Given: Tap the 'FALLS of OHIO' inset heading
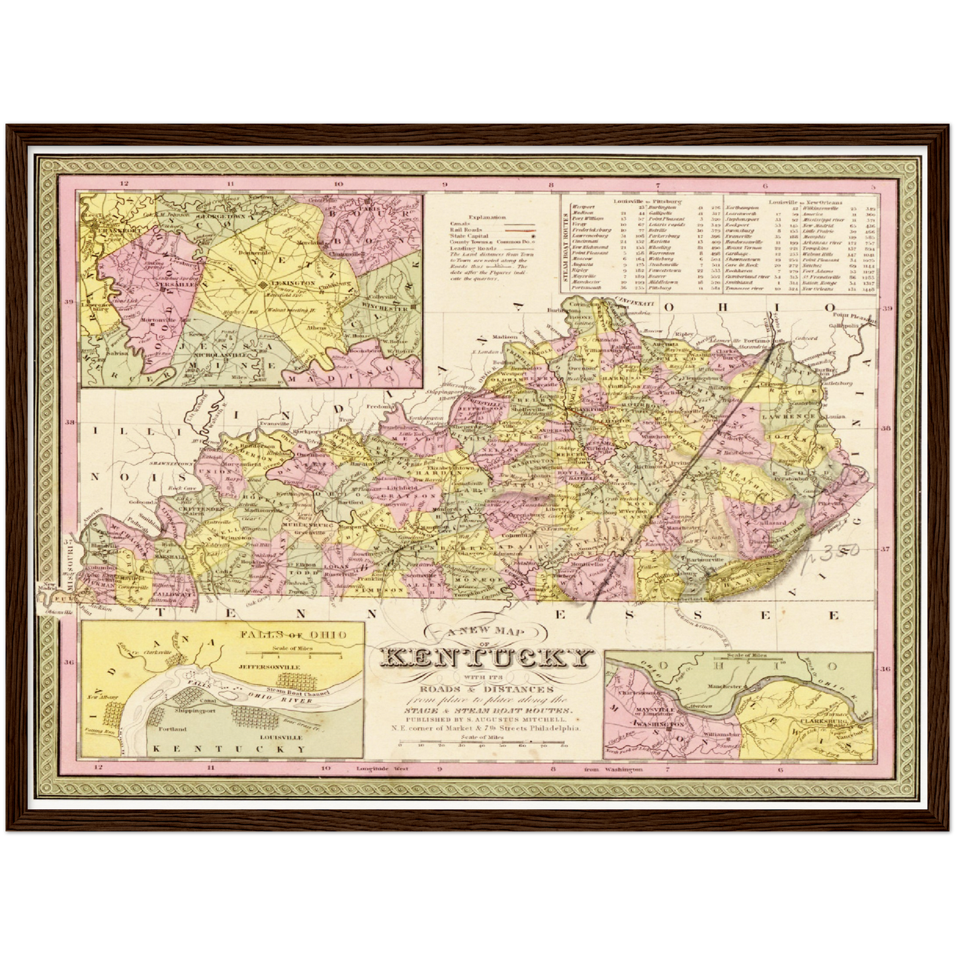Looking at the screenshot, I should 293,634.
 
